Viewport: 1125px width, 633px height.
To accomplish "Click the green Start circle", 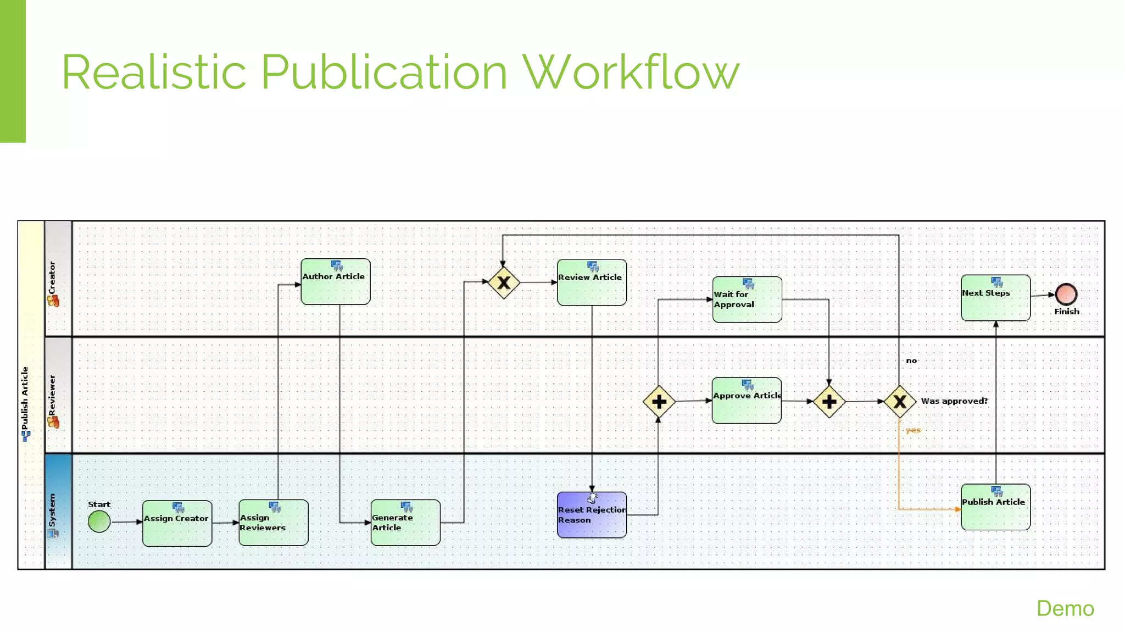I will point(99,521).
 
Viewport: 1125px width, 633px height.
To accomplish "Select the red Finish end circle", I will point(1066,295).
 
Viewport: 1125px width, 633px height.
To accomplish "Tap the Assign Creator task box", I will point(177,523).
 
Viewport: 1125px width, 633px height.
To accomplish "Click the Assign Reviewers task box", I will point(274,523).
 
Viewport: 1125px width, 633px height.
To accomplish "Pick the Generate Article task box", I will point(405,523).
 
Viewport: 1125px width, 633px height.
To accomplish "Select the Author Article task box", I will point(336,282).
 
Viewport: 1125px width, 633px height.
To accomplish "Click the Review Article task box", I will point(592,282).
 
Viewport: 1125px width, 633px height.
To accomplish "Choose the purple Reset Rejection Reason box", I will point(592,515).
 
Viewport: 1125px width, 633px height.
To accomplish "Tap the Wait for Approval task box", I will point(747,299).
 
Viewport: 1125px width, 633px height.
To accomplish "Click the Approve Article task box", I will point(747,401).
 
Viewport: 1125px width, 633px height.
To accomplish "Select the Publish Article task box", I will point(995,507).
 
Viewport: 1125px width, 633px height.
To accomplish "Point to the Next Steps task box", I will point(995,298).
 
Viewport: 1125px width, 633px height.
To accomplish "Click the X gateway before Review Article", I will point(504,282).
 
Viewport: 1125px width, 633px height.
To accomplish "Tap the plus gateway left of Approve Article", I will point(659,402).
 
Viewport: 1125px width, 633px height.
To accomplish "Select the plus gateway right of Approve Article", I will point(829,402).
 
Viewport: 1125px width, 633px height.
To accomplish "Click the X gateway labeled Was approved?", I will point(899,402).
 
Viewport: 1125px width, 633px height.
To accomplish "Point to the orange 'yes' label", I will point(913,430).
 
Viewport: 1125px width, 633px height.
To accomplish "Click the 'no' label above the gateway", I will point(911,361).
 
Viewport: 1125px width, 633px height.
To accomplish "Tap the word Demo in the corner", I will point(1065,609).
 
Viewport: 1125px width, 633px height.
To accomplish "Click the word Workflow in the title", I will point(631,72).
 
